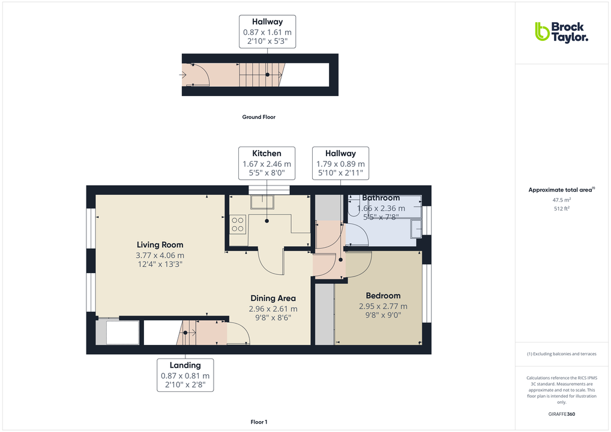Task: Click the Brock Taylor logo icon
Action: (x=541, y=31)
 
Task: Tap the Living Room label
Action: (x=160, y=245)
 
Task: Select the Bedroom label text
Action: (x=383, y=296)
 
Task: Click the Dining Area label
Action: (x=273, y=298)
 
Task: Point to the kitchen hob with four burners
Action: (x=238, y=224)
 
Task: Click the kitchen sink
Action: (x=262, y=202)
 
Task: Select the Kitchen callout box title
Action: (x=266, y=154)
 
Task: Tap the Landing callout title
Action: (x=185, y=365)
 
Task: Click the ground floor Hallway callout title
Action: (x=267, y=22)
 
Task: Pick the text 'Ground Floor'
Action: (x=259, y=117)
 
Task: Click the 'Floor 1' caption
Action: (x=259, y=422)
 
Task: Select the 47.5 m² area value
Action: (x=561, y=200)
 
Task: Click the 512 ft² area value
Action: (x=561, y=208)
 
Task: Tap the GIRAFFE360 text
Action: (x=561, y=414)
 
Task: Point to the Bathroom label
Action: (x=381, y=198)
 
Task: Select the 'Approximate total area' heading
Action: (x=560, y=190)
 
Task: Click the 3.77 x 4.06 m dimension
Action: (x=160, y=255)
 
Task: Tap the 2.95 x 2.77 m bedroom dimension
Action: (x=383, y=306)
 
